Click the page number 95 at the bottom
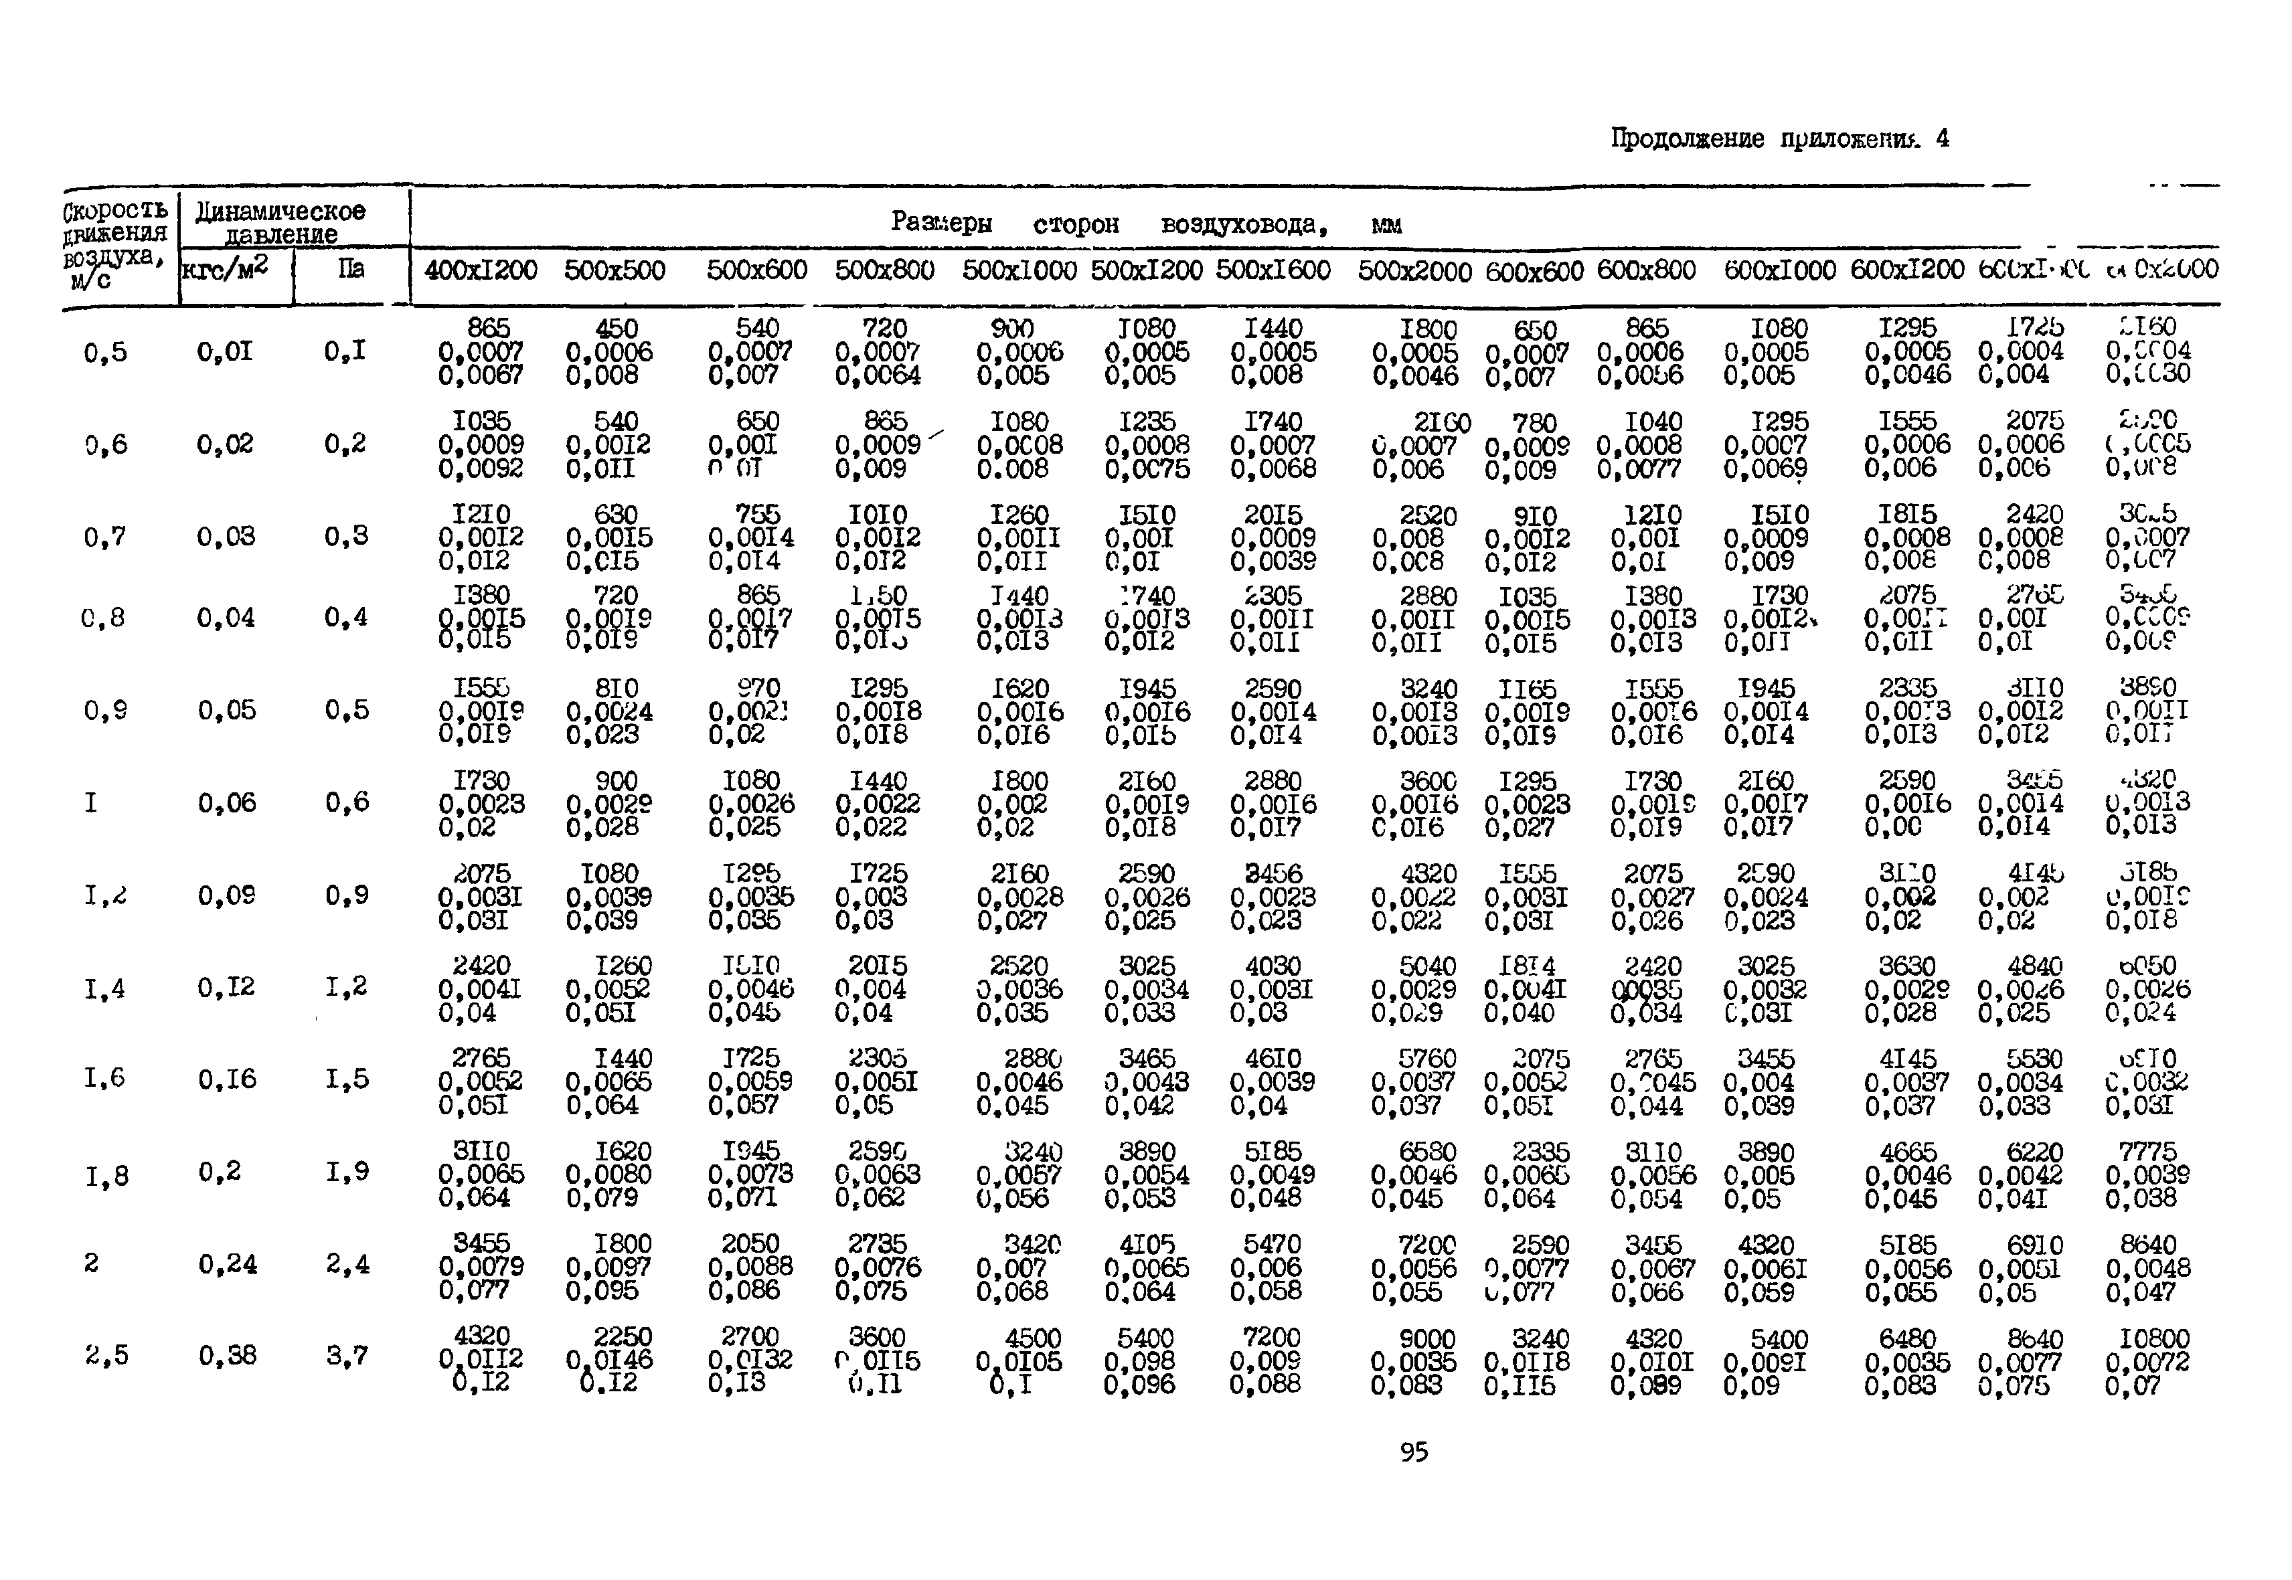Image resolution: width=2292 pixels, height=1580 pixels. [1414, 1452]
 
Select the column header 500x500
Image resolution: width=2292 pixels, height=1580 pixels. [614, 269]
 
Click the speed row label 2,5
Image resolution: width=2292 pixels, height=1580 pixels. [106, 1354]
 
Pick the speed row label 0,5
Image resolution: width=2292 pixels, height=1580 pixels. [105, 353]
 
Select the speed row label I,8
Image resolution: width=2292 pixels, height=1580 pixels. [106, 1176]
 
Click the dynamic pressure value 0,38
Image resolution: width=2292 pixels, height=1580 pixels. [227, 1354]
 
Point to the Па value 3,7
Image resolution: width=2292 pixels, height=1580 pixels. [347, 1354]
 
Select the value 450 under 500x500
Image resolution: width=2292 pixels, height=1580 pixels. [616, 328]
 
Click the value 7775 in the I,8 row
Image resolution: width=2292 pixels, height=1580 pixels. [2147, 1151]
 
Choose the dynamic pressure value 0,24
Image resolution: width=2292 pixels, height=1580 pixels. [227, 1263]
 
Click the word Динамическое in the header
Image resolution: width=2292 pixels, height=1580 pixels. [280, 211]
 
